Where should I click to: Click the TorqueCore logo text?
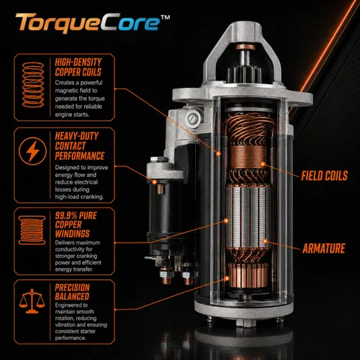(x=88, y=23)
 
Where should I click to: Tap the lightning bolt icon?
(x=32, y=151)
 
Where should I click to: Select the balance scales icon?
(x=32, y=301)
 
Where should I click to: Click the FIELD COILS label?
(x=324, y=176)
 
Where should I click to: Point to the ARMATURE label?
(x=323, y=248)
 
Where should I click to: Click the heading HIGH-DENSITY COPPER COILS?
(x=78, y=67)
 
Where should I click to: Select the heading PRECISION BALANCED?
(x=72, y=292)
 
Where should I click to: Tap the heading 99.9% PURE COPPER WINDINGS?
(x=76, y=225)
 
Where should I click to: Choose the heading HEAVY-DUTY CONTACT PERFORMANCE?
(x=79, y=146)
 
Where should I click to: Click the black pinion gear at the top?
(x=244, y=74)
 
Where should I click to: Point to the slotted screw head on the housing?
(x=193, y=118)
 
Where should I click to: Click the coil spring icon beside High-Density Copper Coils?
(x=33, y=84)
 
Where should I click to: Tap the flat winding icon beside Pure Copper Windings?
(x=32, y=230)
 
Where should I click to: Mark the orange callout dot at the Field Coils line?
(x=263, y=164)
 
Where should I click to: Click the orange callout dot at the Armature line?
(x=265, y=241)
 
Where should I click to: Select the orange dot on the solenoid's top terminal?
(x=155, y=182)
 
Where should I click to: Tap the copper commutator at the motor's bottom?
(x=248, y=275)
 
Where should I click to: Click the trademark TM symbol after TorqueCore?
(x=165, y=17)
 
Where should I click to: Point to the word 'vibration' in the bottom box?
(x=66, y=325)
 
